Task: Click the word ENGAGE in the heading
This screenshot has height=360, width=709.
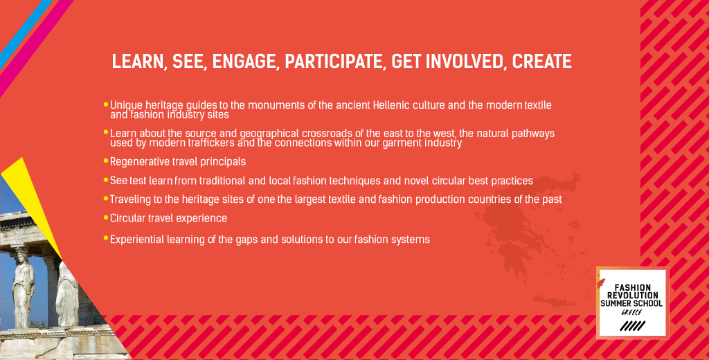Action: coord(244,62)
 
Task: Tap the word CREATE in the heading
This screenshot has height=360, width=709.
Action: coord(541,62)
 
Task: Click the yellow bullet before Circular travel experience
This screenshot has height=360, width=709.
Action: coord(106,217)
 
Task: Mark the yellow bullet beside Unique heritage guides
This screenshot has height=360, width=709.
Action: coord(106,105)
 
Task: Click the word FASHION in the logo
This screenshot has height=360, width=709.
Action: coord(633,287)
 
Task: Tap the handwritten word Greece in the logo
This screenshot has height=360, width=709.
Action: coord(631,312)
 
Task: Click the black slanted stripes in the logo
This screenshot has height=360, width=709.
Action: coord(632,325)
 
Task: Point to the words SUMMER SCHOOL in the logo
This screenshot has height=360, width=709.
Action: coord(631,303)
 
